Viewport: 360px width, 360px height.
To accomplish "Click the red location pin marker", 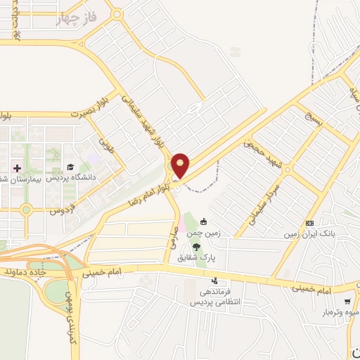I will [181, 165].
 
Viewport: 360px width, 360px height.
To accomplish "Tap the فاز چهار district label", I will [75, 18].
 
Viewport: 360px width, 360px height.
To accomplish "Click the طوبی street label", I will [107, 144].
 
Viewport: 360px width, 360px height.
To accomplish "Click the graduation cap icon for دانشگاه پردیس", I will [70, 167].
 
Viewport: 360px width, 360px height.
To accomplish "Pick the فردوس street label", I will [63, 210].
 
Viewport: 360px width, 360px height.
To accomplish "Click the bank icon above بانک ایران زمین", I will [309, 223].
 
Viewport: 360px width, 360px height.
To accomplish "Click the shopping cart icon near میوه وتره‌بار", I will [347, 302].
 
